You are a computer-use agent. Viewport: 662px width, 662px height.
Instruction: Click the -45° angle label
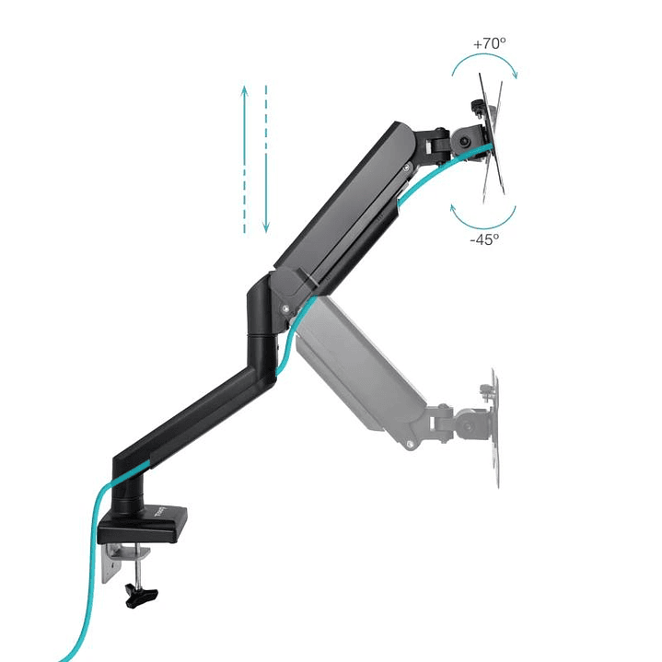click(x=484, y=238)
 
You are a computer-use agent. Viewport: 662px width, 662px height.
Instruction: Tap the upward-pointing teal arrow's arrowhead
click(x=245, y=89)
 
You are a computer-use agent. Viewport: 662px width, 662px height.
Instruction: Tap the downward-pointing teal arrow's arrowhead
click(x=265, y=226)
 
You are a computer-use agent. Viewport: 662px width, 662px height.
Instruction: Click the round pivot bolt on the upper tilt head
click(x=463, y=142)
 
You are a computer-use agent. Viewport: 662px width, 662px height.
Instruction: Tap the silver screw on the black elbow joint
click(x=289, y=308)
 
